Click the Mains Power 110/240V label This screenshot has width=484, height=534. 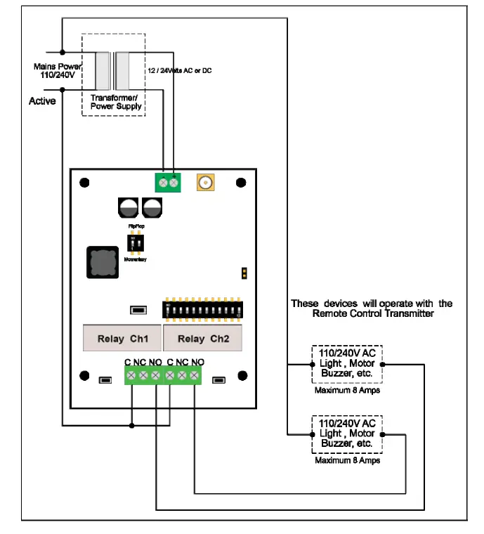[55, 70]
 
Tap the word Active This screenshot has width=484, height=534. [42, 101]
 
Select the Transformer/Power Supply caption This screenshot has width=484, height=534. [116, 102]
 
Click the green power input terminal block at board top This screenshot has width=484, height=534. [167, 183]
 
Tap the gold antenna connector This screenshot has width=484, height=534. [206, 183]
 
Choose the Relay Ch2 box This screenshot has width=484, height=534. [202, 339]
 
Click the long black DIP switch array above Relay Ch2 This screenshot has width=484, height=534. [203, 308]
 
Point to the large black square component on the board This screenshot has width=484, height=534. [102, 261]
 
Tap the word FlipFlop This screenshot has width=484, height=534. [136, 226]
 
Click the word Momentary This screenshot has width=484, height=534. [136, 259]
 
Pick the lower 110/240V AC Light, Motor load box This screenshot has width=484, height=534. [347, 434]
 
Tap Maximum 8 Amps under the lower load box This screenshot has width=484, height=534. [347, 461]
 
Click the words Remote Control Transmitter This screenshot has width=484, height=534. [373, 314]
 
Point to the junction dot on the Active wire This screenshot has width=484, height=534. [63, 89]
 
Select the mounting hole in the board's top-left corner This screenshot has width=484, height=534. [84, 183]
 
